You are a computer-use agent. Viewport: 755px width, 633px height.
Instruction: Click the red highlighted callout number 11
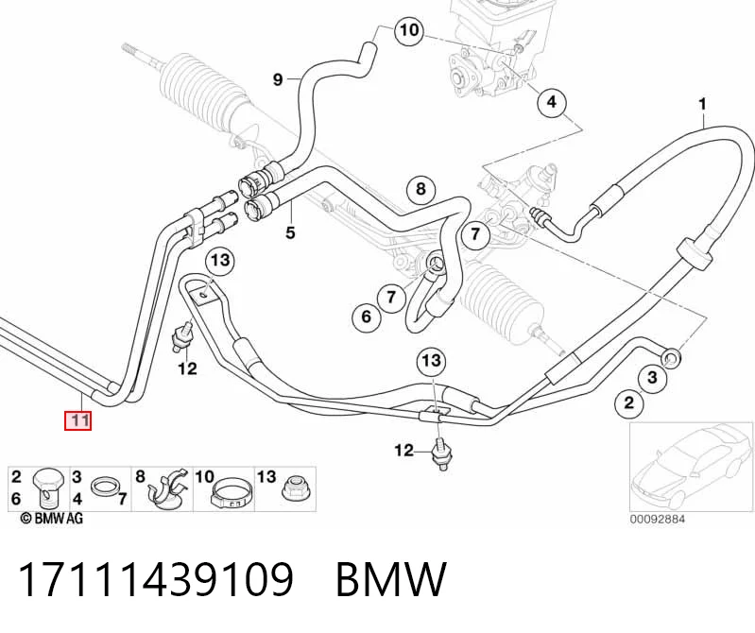pos(78,420)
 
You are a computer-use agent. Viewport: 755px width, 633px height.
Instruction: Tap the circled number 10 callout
pos(409,31)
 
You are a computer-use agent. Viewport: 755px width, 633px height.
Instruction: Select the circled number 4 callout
pos(551,102)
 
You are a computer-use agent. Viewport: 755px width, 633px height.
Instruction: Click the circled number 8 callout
pos(420,189)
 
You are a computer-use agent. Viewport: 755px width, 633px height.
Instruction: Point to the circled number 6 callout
pos(367,316)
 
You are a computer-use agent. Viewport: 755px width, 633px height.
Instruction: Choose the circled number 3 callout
pos(652,377)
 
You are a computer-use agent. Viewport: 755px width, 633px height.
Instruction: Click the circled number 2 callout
pos(630,402)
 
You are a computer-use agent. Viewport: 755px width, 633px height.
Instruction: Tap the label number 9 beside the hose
pos(278,79)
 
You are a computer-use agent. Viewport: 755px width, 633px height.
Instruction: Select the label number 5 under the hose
pos(290,233)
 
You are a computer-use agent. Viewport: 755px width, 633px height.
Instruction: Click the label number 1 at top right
pos(702,104)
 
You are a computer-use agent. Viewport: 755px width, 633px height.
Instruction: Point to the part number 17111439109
pos(156,578)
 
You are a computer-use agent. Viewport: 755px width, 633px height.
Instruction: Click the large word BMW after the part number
pos(390,578)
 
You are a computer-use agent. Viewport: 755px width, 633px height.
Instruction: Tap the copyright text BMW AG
pos(52,518)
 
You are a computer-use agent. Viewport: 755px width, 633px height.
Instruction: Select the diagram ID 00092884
pos(658,519)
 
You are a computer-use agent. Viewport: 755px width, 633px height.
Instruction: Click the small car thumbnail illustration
pos(691,467)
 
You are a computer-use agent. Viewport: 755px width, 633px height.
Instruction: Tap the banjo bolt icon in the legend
pos(47,488)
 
